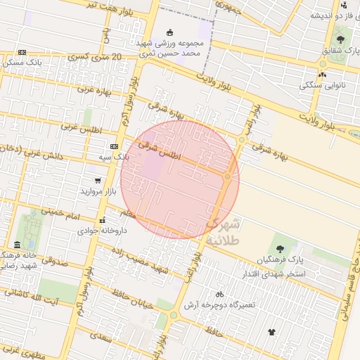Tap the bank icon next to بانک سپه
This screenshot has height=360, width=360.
point(114,146)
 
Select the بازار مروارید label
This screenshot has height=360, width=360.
point(91,191)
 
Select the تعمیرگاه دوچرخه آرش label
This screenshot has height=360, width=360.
point(219,304)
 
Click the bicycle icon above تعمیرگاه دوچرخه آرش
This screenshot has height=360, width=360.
point(219,295)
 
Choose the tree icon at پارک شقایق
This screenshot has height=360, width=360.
point(340,39)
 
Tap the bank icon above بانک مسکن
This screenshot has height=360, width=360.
point(22,52)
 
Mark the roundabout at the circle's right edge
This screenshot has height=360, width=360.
point(228,176)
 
